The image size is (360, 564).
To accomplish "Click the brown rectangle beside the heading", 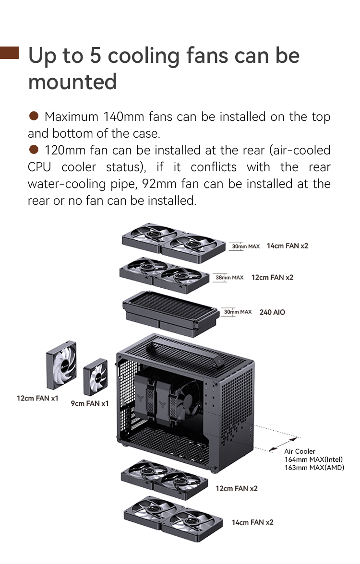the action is coord(9,53).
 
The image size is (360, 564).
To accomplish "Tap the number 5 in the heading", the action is coord(95,56).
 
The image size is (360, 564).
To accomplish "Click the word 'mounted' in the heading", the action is coord(72,82).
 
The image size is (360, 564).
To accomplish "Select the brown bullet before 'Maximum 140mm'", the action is coord(34,116).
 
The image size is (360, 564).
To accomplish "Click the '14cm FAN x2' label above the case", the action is coord(287,246).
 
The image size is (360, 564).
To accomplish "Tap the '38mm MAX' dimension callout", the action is coord(229,277).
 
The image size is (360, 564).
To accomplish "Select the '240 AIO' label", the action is coord(272,312).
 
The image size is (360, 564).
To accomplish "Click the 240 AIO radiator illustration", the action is coord(171,313).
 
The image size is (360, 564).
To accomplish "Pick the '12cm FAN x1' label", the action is coord(37,398).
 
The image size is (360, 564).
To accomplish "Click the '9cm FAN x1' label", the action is coord(90,404).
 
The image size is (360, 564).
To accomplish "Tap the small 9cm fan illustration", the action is coord(96,377).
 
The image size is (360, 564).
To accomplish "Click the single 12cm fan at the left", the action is coord(61,364).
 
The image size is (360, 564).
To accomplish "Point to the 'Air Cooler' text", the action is coord(300,451).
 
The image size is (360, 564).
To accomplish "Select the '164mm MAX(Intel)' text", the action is coord(313,459).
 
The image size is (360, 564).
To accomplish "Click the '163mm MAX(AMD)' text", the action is coord(314,468).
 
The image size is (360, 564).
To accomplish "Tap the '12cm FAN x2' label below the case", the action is coord(237,488).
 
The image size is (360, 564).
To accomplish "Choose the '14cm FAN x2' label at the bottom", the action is coord(252,522).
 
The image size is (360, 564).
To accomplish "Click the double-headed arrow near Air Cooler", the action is coord(284,444).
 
